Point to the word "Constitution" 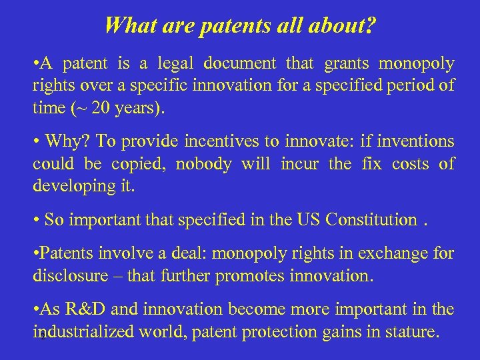371,220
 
